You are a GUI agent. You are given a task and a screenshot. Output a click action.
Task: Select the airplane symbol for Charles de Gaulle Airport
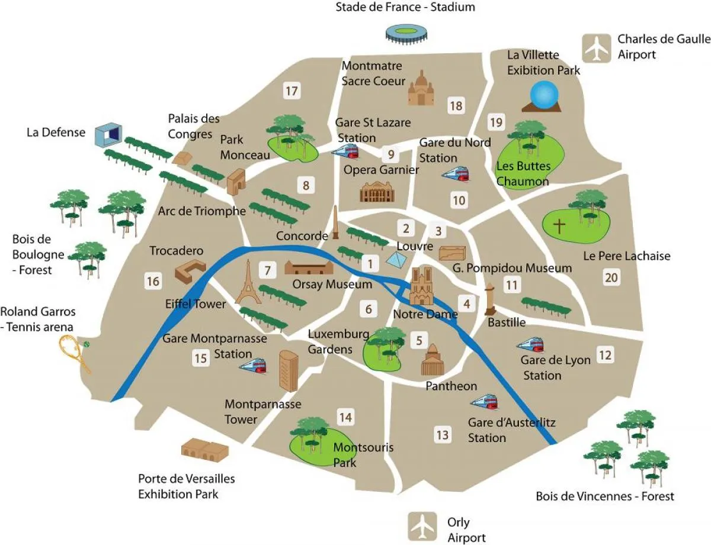pyautogui.click(x=596, y=48)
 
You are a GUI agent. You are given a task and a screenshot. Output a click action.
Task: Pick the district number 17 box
pyautogui.click(x=291, y=91)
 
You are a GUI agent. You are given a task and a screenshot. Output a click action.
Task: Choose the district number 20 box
pyautogui.click(x=611, y=277)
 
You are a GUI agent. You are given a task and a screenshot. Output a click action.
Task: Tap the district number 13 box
pyautogui.click(x=442, y=435)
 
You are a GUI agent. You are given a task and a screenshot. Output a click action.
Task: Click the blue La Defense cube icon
pyautogui.click(x=108, y=135)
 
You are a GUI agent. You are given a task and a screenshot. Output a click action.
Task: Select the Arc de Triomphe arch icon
pyautogui.click(x=236, y=183)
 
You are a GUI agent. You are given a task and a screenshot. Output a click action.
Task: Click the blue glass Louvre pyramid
pyautogui.click(x=396, y=259)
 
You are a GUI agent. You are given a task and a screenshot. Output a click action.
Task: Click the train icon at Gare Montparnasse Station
pyautogui.click(x=252, y=365)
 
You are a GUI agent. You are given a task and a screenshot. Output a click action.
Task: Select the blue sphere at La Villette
pyautogui.click(x=544, y=95)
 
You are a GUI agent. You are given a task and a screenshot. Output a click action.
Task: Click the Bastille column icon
pyautogui.click(x=490, y=299)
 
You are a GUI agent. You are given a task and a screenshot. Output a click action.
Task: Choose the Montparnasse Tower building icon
pyautogui.click(x=288, y=370)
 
